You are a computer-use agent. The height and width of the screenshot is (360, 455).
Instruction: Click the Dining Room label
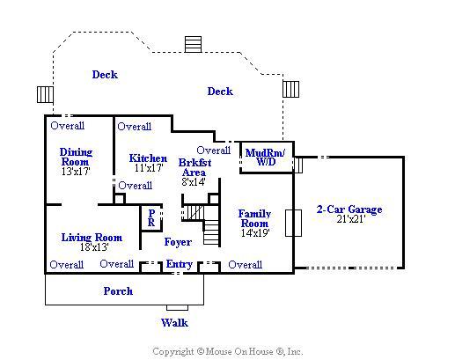coord(76,157)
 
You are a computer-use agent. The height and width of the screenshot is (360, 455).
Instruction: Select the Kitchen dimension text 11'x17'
coord(149,168)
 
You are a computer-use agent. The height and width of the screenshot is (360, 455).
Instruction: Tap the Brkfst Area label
coord(194,167)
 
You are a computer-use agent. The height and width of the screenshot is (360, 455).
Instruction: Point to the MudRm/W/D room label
coord(265,157)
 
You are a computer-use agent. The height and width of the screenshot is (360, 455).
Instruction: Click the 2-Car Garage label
coord(349,209)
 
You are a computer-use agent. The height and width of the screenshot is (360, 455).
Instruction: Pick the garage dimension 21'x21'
coord(351,219)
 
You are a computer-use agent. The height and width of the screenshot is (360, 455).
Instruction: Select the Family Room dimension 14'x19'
coord(255,233)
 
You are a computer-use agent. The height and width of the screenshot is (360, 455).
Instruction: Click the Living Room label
coord(92,238)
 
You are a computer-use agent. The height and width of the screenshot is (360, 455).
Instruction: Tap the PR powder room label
coord(151,217)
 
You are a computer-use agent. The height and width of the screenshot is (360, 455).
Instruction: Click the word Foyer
coord(178,242)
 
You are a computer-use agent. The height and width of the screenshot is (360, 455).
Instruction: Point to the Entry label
coord(180,264)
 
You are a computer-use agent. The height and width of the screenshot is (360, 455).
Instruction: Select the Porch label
coord(118,291)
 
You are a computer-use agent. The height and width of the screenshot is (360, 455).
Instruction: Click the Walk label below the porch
coord(174,323)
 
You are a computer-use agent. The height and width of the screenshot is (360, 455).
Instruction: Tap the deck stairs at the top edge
coord(193,44)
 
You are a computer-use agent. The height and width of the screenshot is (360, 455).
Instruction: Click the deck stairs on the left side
coord(45,94)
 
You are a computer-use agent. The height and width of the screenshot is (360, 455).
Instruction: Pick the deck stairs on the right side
coord(291,89)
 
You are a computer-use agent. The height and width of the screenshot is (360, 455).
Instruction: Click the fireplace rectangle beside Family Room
coord(294,223)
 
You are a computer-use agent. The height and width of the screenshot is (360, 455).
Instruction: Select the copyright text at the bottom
coord(228,351)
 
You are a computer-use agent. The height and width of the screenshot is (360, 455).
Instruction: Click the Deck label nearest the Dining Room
coord(105,75)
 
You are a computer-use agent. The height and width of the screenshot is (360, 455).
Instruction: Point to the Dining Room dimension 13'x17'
coord(76,172)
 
